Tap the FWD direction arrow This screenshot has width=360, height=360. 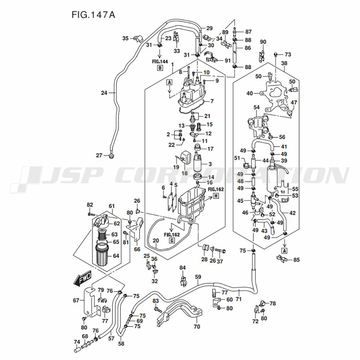click(x=82, y=278)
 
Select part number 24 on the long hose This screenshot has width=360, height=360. click(x=104, y=93)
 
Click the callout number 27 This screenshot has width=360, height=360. click(x=99, y=156)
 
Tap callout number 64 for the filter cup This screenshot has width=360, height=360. click(x=116, y=256)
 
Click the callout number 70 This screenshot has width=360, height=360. click(x=197, y=327)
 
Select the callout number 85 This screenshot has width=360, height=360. click(x=296, y=259)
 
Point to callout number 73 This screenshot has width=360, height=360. click(x=287, y=55)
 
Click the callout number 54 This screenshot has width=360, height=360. click(x=256, y=108)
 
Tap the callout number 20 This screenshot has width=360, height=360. click(x=156, y=240)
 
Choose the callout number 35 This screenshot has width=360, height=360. click(x=125, y=38)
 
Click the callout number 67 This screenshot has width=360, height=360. click(x=76, y=300)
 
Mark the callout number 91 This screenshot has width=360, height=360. click(x=228, y=60)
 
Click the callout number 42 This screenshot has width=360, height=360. click(x=292, y=213)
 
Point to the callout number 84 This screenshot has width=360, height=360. click(x=183, y=267)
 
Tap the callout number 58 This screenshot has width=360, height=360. click(x=121, y=343)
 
